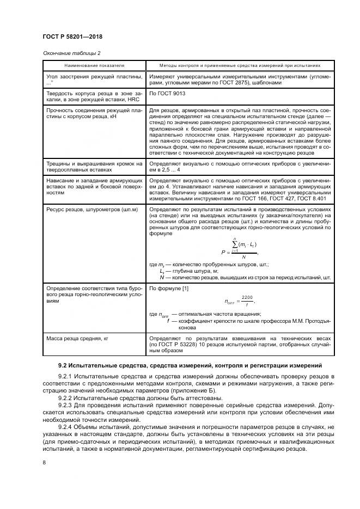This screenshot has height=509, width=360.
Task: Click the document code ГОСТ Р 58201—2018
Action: coord(72,36)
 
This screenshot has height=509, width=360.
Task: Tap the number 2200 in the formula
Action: coord(248,297)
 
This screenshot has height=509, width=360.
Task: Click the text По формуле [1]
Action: coord(169,288)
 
